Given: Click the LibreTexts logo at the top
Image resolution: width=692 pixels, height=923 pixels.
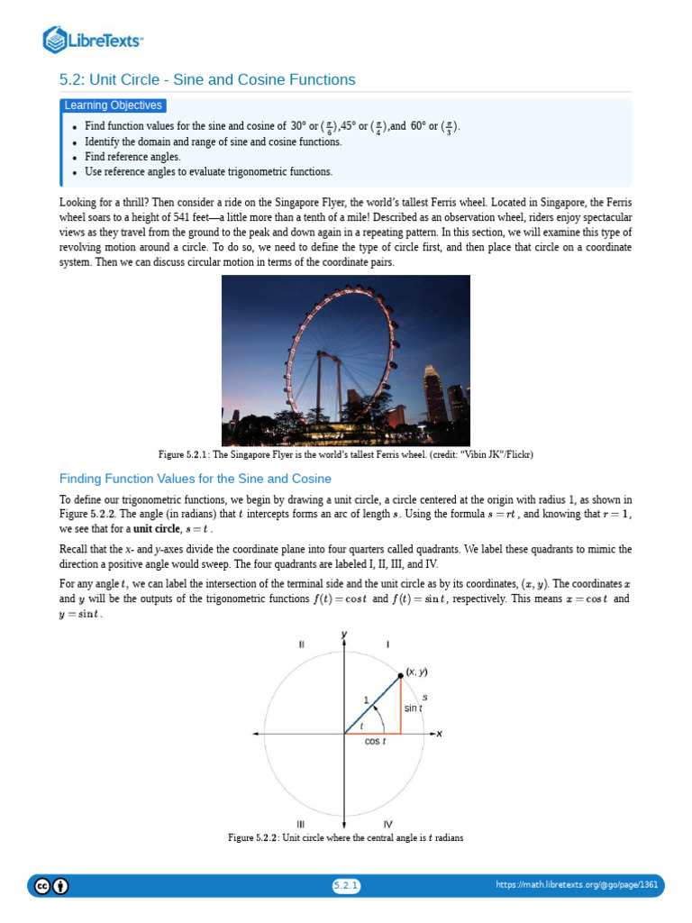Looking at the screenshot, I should pyautogui.click(x=94, y=40).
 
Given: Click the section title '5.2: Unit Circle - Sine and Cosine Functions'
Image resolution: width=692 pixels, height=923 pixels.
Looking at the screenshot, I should pyautogui.click(x=207, y=80).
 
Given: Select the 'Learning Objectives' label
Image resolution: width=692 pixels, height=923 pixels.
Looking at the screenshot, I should pyautogui.click(x=114, y=105).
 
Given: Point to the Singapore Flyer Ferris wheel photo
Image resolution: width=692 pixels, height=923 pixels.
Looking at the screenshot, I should pyautogui.click(x=345, y=361).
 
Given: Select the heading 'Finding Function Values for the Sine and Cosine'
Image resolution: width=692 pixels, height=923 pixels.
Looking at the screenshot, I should pyautogui.click(x=196, y=479).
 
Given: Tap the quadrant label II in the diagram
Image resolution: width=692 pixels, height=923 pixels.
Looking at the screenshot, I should pyautogui.click(x=301, y=644).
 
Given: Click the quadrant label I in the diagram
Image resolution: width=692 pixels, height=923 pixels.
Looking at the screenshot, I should pyautogui.click(x=387, y=644).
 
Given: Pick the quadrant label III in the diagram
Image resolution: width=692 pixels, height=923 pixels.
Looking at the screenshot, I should pyautogui.click(x=301, y=824).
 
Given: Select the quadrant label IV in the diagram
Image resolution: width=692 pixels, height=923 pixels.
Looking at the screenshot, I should pyautogui.click(x=387, y=824).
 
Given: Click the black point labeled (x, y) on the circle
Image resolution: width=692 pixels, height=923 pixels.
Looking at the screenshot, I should pyautogui.click(x=400, y=676).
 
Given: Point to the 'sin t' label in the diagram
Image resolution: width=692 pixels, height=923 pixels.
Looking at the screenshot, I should pyautogui.click(x=414, y=708).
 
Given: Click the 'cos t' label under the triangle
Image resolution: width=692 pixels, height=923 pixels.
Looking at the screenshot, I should pyautogui.click(x=375, y=742).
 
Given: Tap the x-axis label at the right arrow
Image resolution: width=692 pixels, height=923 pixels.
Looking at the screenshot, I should pyautogui.click(x=440, y=735).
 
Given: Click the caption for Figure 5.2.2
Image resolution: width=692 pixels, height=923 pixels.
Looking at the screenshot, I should pyautogui.click(x=345, y=838).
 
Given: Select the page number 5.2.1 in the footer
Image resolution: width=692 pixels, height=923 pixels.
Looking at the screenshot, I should pyautogui.click(x=346, y=886).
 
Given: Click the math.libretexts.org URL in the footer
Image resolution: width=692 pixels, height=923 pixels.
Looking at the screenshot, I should pyautogui.click(x=577, y=886).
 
